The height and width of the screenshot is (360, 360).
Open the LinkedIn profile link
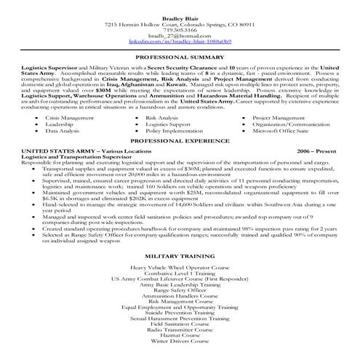click(x=180, y=43)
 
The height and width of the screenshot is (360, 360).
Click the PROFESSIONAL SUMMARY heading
click(x=180, y=56)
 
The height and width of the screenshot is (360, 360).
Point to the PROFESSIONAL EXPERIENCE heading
click(x=180, y=140)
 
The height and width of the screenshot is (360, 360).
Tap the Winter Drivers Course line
click(x=180, y=341)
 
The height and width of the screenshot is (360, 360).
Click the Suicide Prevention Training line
click(x=180, y=311)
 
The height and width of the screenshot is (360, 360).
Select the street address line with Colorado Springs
click(x=180, y=23)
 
